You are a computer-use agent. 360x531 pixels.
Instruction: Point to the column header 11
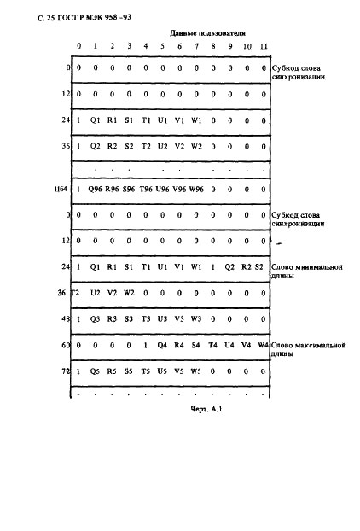tap(264, 45)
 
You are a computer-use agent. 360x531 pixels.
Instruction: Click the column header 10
tap(247, 45)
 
